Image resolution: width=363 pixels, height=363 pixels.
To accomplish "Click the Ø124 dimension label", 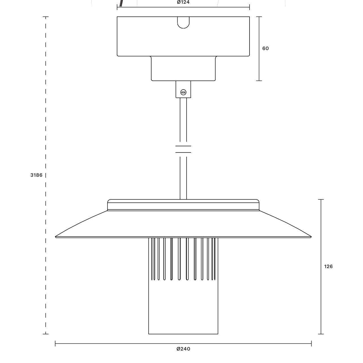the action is (183, 2).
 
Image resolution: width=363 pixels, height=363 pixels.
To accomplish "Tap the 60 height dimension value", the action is (265, 48).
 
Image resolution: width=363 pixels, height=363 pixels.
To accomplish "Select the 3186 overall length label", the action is (36, 175).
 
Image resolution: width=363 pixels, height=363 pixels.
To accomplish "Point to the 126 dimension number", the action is (328, 266).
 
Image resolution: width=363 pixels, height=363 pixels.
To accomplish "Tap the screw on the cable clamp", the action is (183, 92).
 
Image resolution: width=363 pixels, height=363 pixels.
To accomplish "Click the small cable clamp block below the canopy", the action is (183, 89).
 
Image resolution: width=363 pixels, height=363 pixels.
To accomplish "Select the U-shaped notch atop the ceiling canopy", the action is (183, 23).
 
